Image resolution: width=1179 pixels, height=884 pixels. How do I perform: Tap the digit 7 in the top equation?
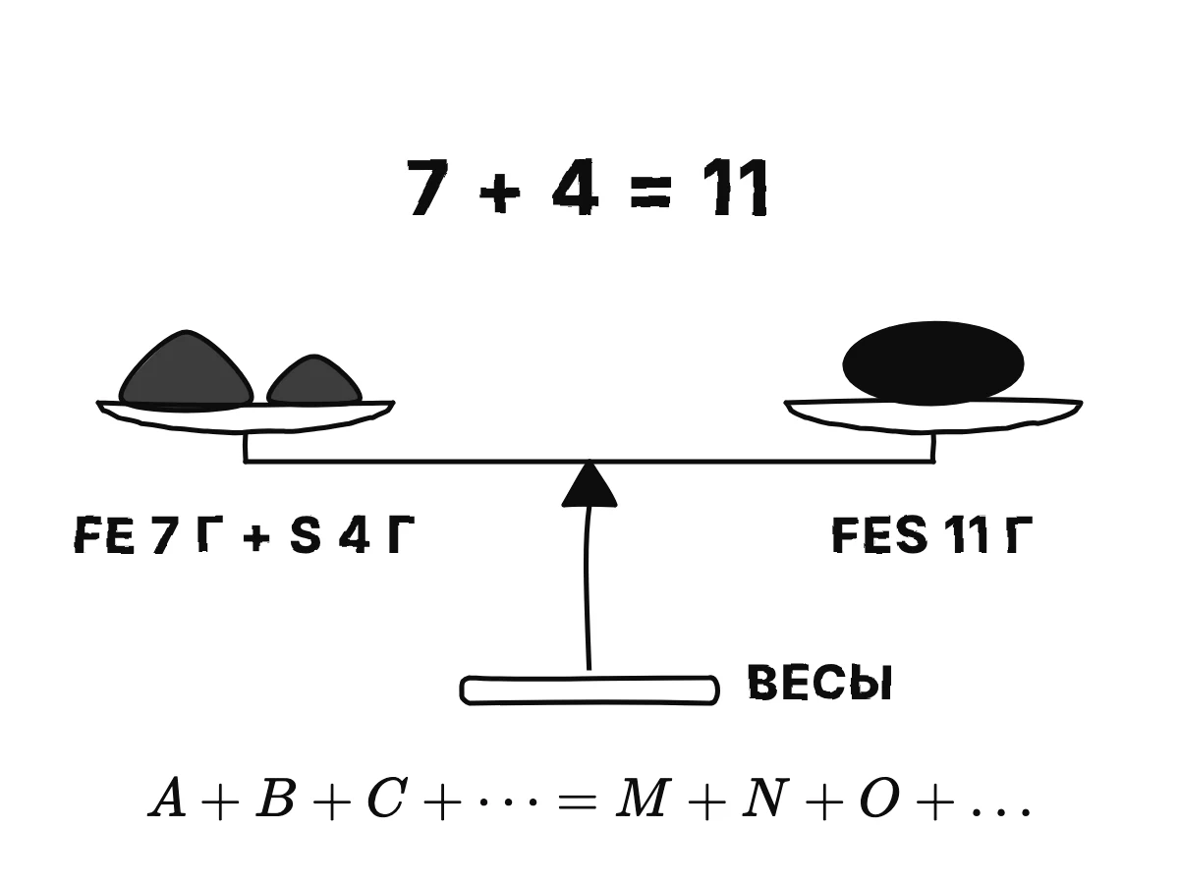tap(428, 188)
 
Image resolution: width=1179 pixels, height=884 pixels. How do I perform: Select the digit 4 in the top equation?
tap(576, 188)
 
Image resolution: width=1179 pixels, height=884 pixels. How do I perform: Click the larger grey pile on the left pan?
tap(186, 370)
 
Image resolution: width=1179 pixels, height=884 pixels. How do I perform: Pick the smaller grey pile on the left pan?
tap(314, 381)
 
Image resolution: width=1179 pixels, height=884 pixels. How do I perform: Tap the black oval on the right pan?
tap(933, 363)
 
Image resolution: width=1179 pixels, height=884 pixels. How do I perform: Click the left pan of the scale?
tap(246, 415)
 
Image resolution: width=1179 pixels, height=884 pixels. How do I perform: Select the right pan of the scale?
tap(933, 415)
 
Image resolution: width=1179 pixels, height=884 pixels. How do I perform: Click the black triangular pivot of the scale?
tap(589, 486)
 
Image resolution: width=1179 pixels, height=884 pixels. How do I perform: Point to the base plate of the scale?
tap(589, 691)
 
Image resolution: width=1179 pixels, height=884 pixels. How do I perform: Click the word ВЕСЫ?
tap(819, 683)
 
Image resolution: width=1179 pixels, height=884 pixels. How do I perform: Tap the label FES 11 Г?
tap(932, 534)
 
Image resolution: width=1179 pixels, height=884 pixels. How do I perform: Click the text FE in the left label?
tap(104, 534)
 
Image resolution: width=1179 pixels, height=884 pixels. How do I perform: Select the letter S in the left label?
tap(306, 534)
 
